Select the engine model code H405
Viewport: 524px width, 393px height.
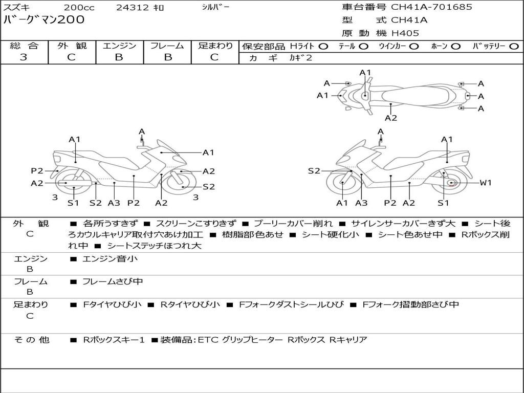click(x=405, y=33)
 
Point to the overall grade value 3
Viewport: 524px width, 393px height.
click(x=24, y=57)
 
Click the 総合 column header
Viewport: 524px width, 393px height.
click(x=24, y=46)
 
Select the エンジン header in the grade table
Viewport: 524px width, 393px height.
click(x=119, y=46)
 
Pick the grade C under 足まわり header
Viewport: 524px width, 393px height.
click(x=214, y=57)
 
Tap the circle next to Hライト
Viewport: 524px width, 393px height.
click(x=323, y=47)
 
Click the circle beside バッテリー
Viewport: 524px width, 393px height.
click(x=514, y=47)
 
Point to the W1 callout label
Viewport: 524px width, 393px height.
click(x=485, y=183)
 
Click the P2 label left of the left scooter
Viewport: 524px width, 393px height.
click(x=37, y=171)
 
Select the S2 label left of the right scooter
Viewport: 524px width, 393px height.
click(x=314, y=171)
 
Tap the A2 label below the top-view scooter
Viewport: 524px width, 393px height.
click(x=391, y=118)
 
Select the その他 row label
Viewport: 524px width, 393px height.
click(x=31, y=340)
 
